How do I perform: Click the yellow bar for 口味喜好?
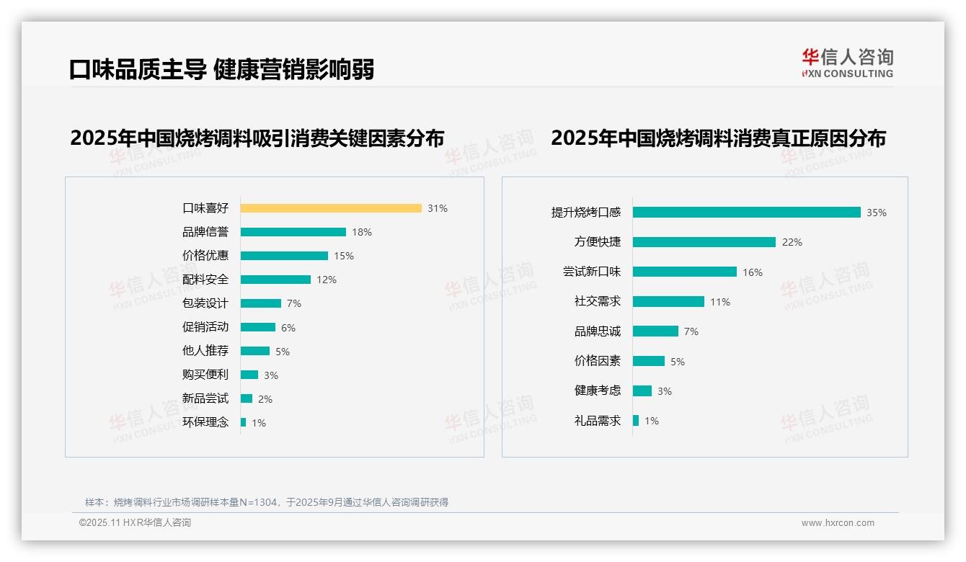tap(331, 208)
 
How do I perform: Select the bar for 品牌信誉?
tap(293, 232)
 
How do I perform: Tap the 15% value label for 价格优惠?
tap(344, 256)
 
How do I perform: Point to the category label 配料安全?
tap(205, 280)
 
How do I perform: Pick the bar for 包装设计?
tap(261, 303)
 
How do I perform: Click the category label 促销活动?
tap(205, 327)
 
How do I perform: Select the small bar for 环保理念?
tap(244, 422)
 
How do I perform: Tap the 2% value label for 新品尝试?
tap(265, 399)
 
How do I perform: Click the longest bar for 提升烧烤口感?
tap(747, 213)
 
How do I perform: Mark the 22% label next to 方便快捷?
tap(792, 242)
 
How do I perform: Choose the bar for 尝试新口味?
tap(685, 272)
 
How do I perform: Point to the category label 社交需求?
tap(598, 302)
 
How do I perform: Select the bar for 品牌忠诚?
tap(655, 331)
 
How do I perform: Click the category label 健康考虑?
tap(598, 391)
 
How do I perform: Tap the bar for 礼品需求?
tap(636, 420)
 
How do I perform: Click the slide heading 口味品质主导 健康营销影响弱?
tap(221, 69)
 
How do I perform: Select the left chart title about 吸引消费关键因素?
tap(257, 138)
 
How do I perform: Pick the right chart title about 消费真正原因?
tap(718, 138)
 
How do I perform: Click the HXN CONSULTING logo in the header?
tap(847, 63)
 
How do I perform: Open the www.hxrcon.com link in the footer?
tap(838, 523)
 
